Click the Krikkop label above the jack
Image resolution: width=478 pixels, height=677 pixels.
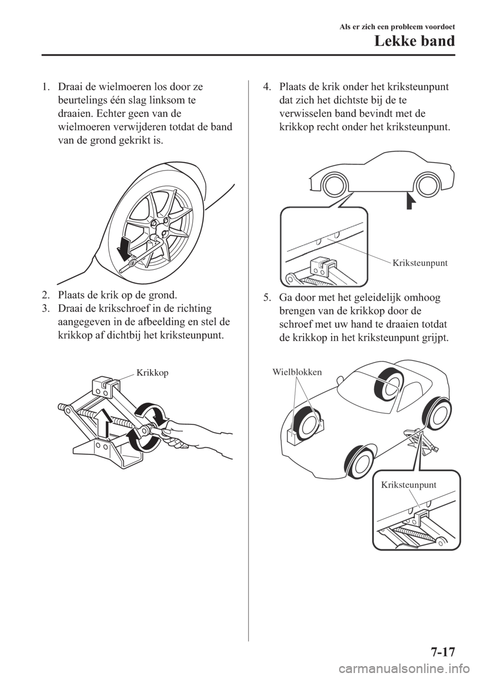[x=152, y=372]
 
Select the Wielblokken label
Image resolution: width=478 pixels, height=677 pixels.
[x=297, y=371]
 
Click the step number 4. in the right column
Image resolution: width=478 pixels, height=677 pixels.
[x=267, y=86]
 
